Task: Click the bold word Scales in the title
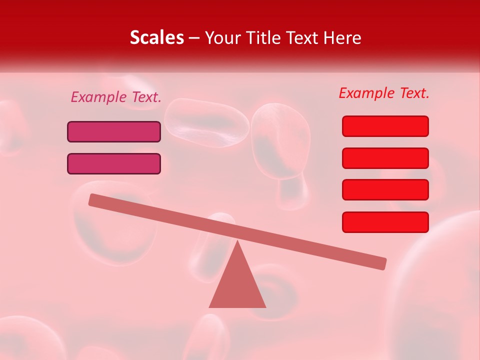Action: click(x=156, y=37)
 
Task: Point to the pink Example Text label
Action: click(x=115, y=97)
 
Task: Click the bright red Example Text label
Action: click(x=384, y=93)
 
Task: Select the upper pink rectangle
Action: click(x=114, y=131)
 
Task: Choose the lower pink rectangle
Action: click(x=114, y=163)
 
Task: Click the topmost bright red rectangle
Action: click(x=385, y=126)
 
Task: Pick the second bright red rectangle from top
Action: click(x=385, y=158)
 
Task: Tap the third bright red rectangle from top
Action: click(x=385, y=189)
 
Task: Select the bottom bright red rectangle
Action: click(x=385, y=222)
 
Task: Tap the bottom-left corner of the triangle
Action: click(x=210, y=306)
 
